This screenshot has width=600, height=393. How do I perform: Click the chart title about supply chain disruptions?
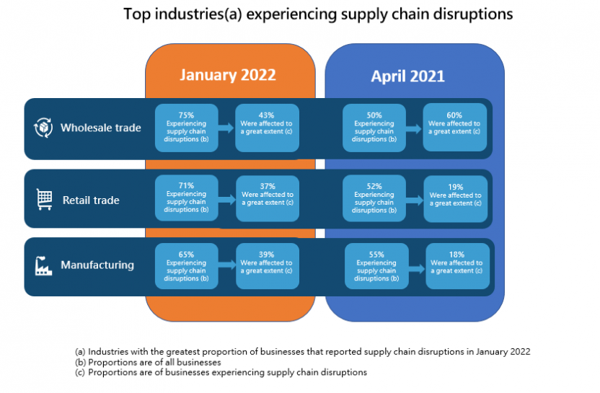click(318, 14)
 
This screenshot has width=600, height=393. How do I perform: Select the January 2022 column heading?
click(228, 76)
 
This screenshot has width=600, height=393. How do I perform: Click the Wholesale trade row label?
click(100, 128)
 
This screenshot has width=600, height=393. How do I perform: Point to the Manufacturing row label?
click(97, 265)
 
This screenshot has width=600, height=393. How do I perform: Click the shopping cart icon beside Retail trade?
click(44, 200)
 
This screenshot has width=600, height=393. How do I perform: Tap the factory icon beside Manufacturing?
click(44, 265)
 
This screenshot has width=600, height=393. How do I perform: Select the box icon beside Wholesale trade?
click(44, 128)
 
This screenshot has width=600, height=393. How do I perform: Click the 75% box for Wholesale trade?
click(186, 127)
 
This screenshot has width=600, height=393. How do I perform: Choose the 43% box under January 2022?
click(267, 127)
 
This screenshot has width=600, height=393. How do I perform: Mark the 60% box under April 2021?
click(454, 127)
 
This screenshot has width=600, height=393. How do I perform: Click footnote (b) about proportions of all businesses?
click(148, 362)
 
